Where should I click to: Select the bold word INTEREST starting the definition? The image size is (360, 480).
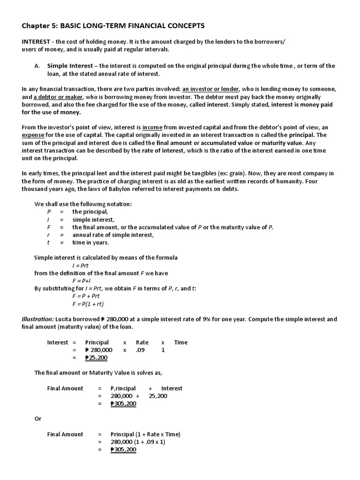tap(37, 42)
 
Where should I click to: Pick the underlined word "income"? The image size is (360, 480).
tap(152, 127)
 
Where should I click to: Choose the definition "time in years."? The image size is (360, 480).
tap(90, 242)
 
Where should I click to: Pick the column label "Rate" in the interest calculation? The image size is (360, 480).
tap(142, 342)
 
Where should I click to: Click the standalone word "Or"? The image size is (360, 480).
tap(38, 419)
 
